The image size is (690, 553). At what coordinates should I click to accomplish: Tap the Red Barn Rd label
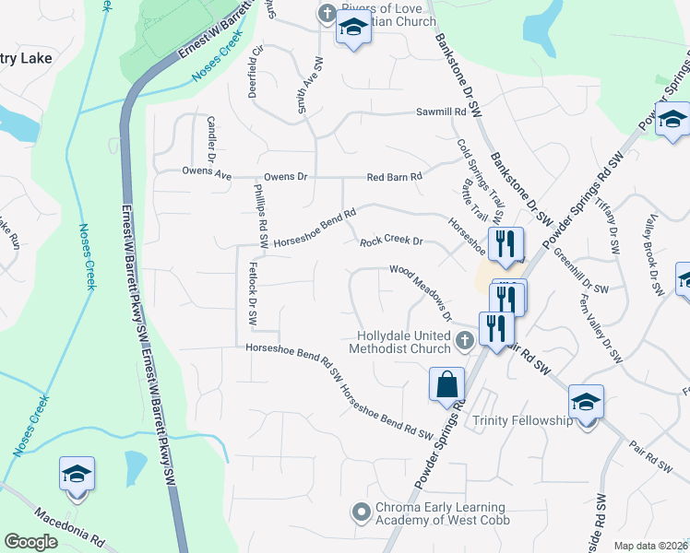pyautogui.click(x=394, y=176)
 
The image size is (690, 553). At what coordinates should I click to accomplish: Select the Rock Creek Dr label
pyautogui.click(x=390, y=241)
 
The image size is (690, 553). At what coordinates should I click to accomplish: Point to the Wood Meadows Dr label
pyautogui.click(x=420, y=290)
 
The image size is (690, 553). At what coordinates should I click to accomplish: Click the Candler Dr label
pyautogui.click(x=211, y=137)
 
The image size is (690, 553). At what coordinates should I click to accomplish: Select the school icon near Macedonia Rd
pyautogui.click(x=77, y=474)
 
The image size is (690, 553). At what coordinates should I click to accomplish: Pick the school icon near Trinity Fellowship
pyautogui.click(x=586, y=402)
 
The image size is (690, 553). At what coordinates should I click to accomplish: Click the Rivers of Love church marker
pyautogui.click(x=325, y=13)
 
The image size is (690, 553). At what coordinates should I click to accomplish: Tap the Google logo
pyautogui.click(x=30, y=542)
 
